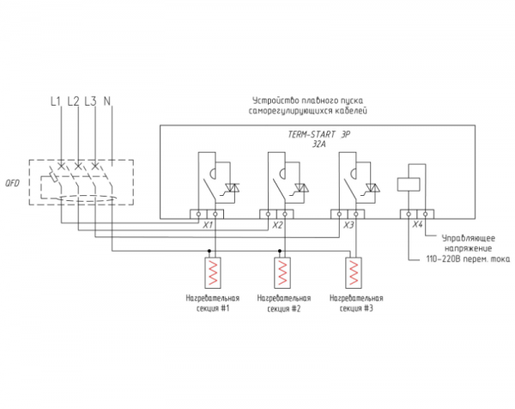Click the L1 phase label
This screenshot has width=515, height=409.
pos(56,101)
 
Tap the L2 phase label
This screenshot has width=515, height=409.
pos(73,101)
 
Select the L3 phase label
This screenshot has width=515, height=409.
pos(90,101)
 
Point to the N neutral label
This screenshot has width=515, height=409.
pos(107,101)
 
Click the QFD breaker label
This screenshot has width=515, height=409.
pos(12,183)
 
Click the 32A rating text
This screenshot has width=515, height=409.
pos(318,144)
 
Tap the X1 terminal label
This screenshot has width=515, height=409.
pos(207,225)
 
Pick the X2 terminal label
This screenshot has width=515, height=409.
pos(277,225)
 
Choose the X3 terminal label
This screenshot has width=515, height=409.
pos(348,225)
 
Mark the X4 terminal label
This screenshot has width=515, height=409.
pos(417,224)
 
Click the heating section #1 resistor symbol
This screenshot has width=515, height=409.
pos(213,273)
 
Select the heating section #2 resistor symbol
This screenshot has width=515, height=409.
pos(282,273)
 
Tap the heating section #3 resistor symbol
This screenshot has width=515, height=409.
pos(354,273)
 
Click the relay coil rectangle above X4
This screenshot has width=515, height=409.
pos(409,184)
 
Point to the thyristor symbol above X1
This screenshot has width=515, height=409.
pos(231,188)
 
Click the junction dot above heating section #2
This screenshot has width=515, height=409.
pos(280,251)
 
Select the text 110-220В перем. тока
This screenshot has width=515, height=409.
pos(468,259)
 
